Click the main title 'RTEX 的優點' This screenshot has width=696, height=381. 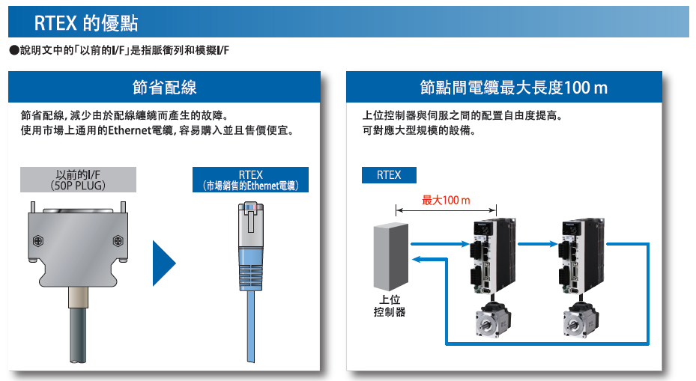click(x=86, y=23)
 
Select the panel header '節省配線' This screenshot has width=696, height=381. click(x=164, y=88)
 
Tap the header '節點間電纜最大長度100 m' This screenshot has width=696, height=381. click(x=513, y=88)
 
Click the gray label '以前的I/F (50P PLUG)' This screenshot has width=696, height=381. click(x=78, y=180)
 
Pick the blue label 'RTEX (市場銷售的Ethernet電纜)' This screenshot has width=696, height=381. click(x=250, y=180)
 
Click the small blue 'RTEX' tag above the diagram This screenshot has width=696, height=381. click(x=389, y=175)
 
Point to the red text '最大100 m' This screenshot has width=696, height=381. click(x=446, y=201)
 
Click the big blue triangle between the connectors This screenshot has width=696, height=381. click(x=164, y=263)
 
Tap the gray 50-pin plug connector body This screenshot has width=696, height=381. click(x=78, y=249)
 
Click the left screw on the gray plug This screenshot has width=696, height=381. click(x=39, y=241)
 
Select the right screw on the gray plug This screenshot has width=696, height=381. click(x=118, y=241)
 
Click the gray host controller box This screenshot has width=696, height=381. click(x=391, y=257)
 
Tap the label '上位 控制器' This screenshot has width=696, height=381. click(x=390, y=306)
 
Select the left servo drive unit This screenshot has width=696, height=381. click(x=493, y=256)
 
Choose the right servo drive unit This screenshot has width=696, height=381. click(x=581, y=256)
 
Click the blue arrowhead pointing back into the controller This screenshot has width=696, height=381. click(x=416, y=260)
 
